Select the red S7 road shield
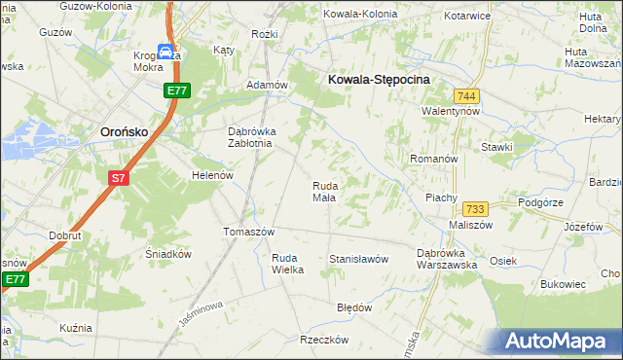coord(118,178)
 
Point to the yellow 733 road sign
coord(475,209)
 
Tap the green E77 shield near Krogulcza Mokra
coord(175,90)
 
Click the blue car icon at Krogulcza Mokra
coord(166,53)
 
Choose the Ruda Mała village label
coord(324,191)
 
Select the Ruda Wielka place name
coord(288,264)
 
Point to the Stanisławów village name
coord(359,259)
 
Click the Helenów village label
coord(213,175)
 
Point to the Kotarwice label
coord(464,17)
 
